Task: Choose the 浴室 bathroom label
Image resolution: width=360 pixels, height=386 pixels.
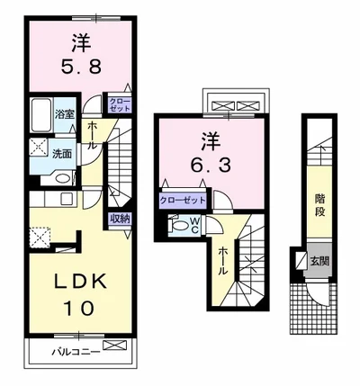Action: click(x=66, y=114)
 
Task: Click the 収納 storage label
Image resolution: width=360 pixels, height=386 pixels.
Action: click(x=121, y=218)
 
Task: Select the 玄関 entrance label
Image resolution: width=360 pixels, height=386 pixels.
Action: click(x=321, y=262)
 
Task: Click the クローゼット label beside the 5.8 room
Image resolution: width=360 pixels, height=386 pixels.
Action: click(x=120, y=105)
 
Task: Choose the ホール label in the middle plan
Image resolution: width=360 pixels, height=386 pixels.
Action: click(x=222, y=260)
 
